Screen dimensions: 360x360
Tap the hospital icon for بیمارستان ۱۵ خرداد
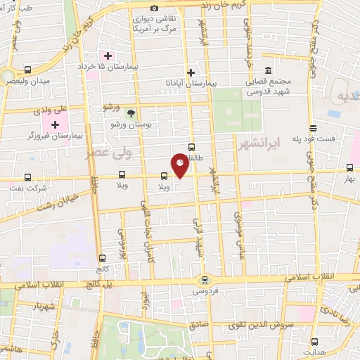click(x=108, y=56)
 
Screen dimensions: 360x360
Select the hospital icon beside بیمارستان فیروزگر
click(x=55, y=124)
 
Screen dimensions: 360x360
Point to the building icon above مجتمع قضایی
click(x=268, y=70)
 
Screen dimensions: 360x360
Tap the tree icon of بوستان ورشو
click(x=129, y=112)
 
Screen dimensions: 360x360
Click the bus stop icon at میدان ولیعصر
click(x=27, y=70)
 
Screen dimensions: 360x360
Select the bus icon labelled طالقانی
click(x=191, y=147)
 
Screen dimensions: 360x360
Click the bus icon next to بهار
click(x=349, y=167)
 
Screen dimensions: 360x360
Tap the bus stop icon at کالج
click(x=103, y=257)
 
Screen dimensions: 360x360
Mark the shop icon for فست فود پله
click(x=313, y=128)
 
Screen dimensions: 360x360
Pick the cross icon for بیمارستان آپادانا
click(x=191, y=72)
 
